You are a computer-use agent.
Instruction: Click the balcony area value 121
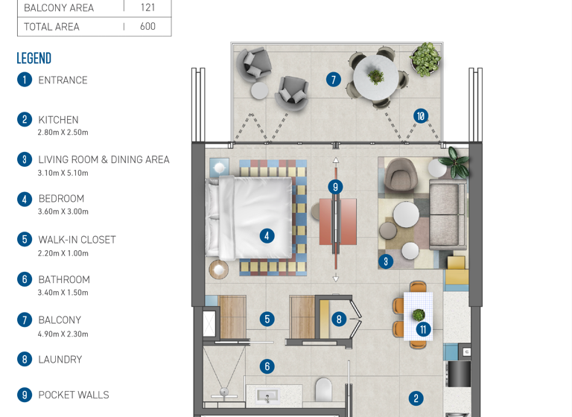click(147, 7)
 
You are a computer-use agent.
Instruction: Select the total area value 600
click(147, 26)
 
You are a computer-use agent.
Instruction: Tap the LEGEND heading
click(34, 58)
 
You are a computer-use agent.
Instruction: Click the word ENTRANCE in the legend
click(63, 80)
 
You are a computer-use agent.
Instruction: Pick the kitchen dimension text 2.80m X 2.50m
click(63, 133)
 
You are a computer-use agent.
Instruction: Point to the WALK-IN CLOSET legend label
click(77, 240)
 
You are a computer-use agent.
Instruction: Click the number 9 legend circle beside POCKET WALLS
click(25, 395)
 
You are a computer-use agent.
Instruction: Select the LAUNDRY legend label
click(60, 360)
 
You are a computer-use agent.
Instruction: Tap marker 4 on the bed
click(267, 236)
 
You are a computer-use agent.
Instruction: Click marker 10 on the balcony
click(421, 116)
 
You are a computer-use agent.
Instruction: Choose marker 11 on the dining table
click(423, 329)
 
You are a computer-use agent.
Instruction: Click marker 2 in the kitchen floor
click(416, 398)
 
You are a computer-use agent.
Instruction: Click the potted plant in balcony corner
click(425, 57)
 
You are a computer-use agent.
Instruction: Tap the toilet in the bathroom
click(324, 391)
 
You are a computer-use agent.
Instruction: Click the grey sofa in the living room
click(448, 216)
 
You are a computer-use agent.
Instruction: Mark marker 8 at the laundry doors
click(339, 319)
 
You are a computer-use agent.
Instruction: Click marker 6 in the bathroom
click(267, 366)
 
